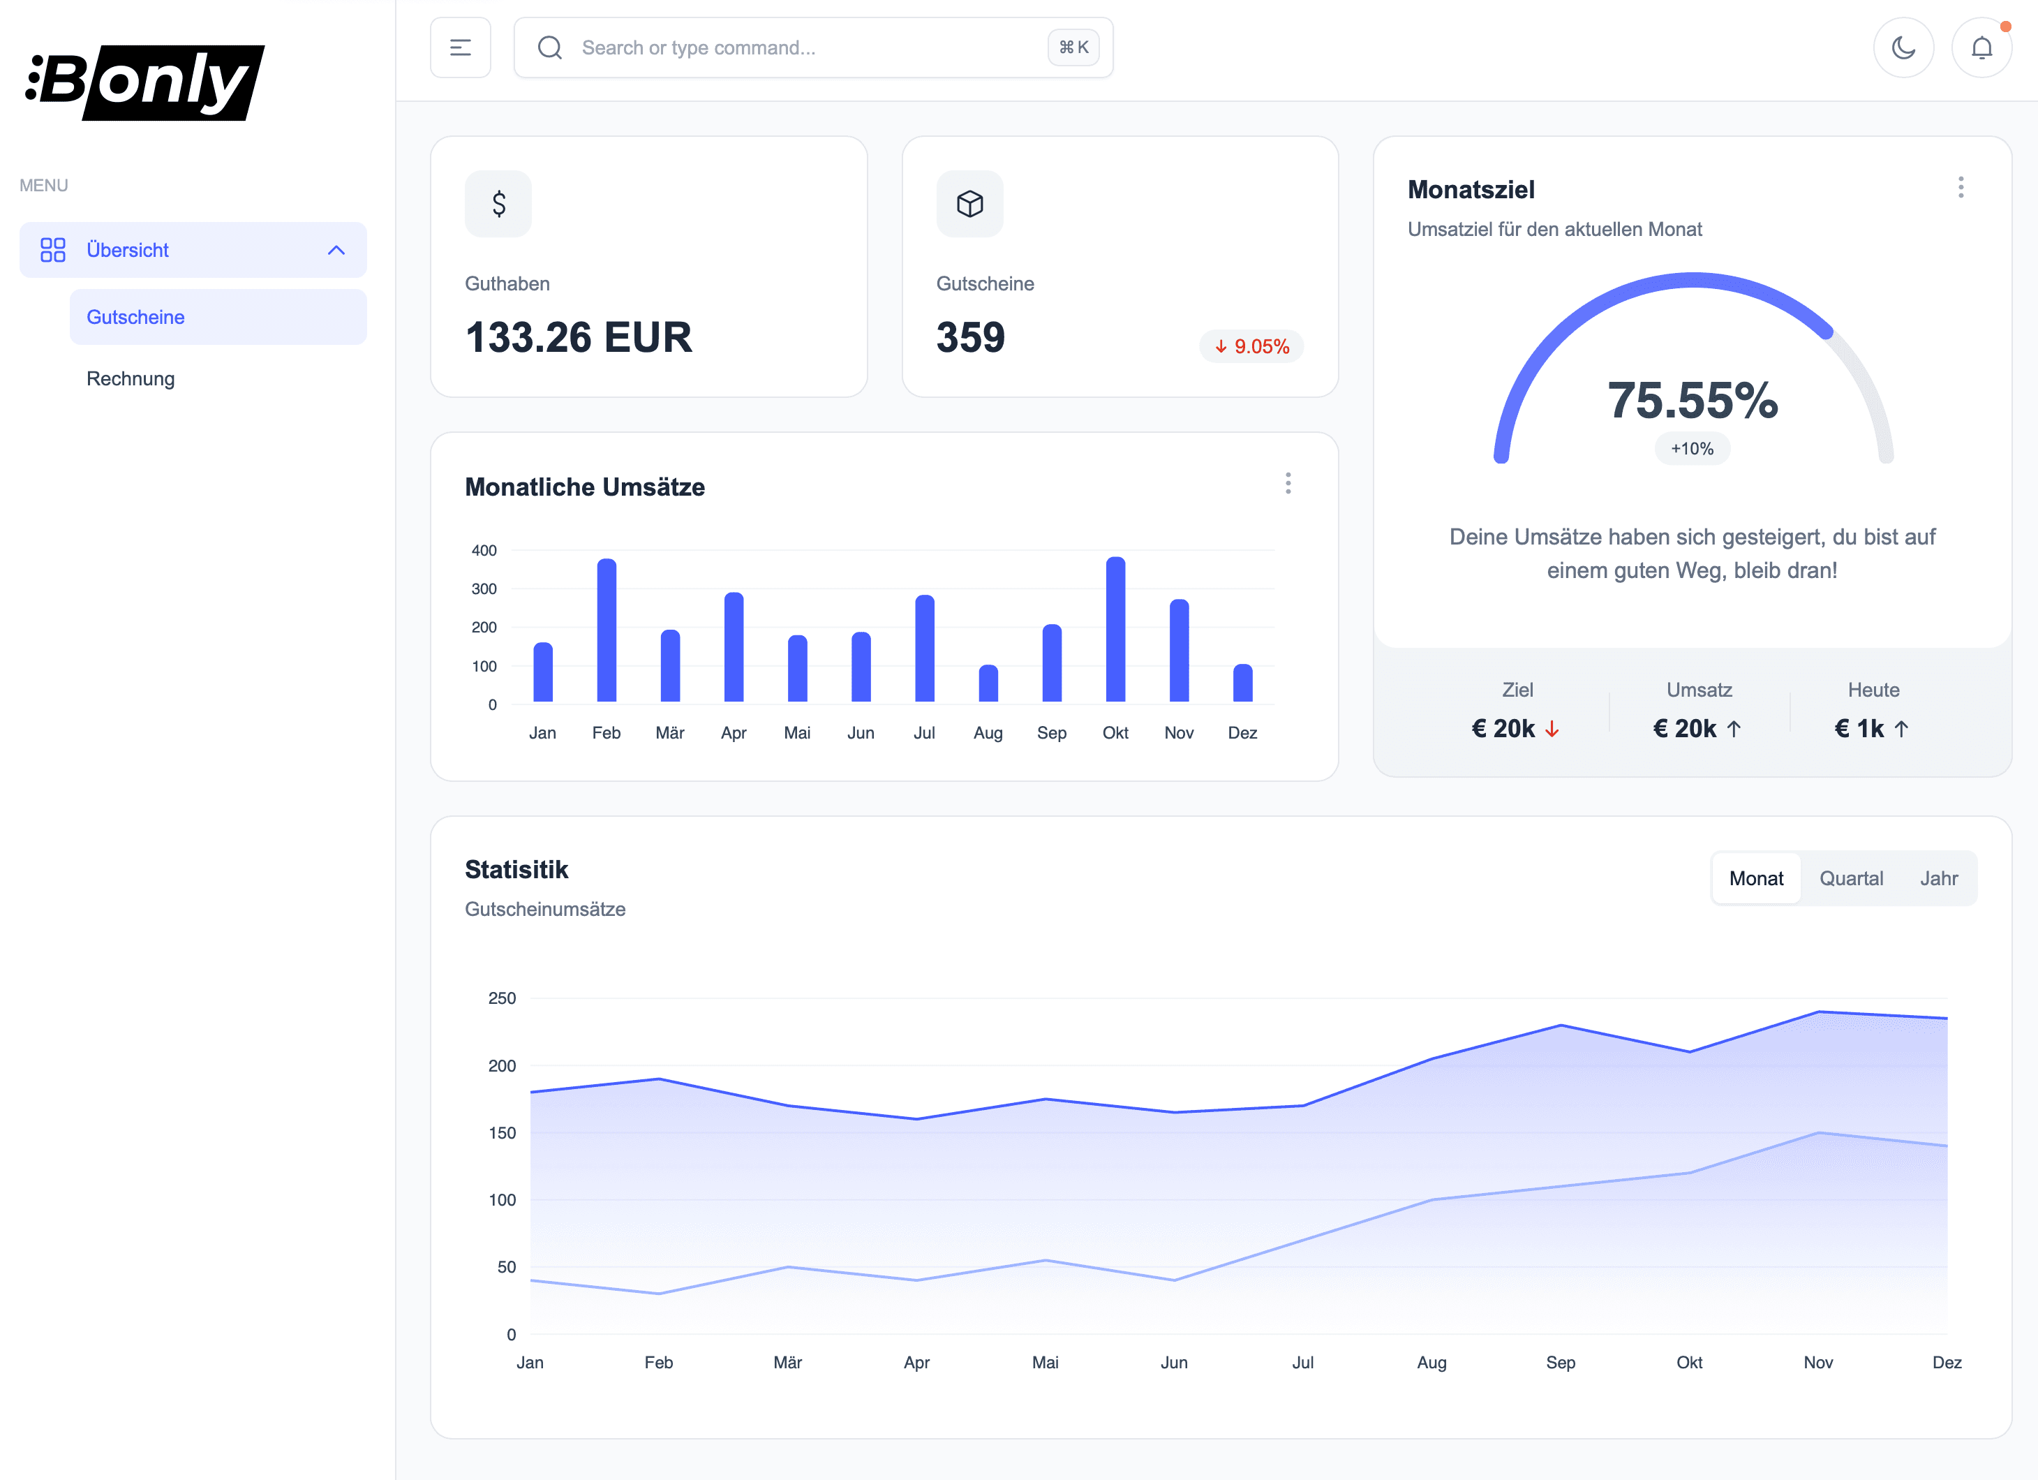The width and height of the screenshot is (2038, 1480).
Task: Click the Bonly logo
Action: tap(144, 82)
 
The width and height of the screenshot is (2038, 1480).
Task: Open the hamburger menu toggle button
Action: tap(460, 47)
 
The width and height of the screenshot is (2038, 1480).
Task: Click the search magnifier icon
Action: tap(550, 47)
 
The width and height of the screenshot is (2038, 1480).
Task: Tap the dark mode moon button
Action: tap(1903, 47)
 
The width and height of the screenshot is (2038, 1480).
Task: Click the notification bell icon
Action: tap(1981, 47)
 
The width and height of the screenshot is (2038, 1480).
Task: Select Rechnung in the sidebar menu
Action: tap(131, 378)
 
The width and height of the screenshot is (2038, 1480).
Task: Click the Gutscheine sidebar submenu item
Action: tap(135, 317)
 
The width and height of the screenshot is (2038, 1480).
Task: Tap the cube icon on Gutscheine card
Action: tap(969, 204)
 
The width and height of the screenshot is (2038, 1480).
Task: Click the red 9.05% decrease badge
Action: tap(1251, 346)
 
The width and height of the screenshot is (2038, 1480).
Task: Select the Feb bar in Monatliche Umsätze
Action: tap(607, 630)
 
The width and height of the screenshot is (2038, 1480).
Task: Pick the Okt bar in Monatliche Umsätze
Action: tap(1115, 629)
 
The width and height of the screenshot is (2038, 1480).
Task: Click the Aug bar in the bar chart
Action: tap(988, 683)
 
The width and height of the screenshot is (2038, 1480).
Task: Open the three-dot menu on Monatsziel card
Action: tap(1961, 187)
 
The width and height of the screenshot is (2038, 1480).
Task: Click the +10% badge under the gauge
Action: tap(1692, 448)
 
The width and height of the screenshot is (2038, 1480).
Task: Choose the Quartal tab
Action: tap(1851, 878)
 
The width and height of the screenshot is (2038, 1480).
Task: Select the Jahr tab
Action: tap(1938, 878)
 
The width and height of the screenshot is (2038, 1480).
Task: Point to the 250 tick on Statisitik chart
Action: tap(501, 998)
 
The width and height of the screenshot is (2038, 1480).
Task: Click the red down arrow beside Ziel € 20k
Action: tap(1552, 729)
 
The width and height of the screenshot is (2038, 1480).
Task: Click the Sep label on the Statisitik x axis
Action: tap(1560, 1361)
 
